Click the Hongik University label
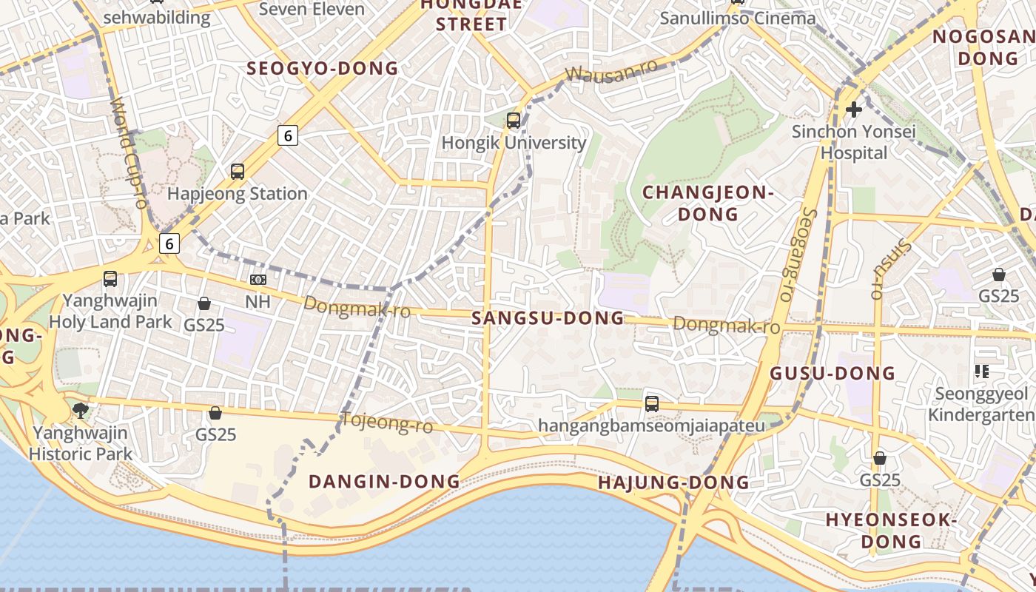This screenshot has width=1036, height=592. point(514,143)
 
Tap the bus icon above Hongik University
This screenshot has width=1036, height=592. point(514,120)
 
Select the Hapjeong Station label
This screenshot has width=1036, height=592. point(238,194)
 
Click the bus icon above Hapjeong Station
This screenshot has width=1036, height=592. point(238,172)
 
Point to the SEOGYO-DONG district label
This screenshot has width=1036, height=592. point(322,69)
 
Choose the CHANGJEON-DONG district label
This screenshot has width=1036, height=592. point(708,203)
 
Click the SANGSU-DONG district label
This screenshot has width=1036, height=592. point(548,318)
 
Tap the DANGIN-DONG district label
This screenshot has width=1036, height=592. point(384,482)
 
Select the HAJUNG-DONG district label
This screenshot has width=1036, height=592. point(673,483)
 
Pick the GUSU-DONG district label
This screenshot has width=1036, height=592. point(832,373)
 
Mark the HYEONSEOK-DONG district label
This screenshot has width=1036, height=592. point(892,531)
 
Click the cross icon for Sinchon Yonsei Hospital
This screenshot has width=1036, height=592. point(854,110)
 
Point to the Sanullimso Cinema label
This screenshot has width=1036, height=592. point(737,18)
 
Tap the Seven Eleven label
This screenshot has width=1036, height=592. point(312,10)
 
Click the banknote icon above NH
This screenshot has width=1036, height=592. point(258,280)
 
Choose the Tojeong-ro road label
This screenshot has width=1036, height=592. point(386,423)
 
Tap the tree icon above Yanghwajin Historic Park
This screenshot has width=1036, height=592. point(80,410)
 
